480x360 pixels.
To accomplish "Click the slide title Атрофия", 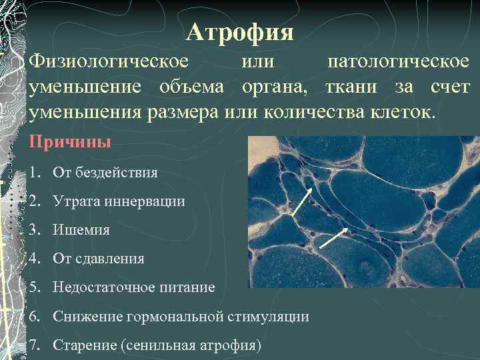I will [240, 31].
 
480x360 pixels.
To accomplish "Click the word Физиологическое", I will [108, 62].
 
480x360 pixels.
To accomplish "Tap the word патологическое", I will [399, 62].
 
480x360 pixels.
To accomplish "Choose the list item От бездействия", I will [105, 173].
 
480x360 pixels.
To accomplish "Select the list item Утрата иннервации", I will [119, 201].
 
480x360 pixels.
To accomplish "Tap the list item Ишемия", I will [81, 230].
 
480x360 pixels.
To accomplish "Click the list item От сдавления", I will [99, 259].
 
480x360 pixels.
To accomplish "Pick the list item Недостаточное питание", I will [134, 287].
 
